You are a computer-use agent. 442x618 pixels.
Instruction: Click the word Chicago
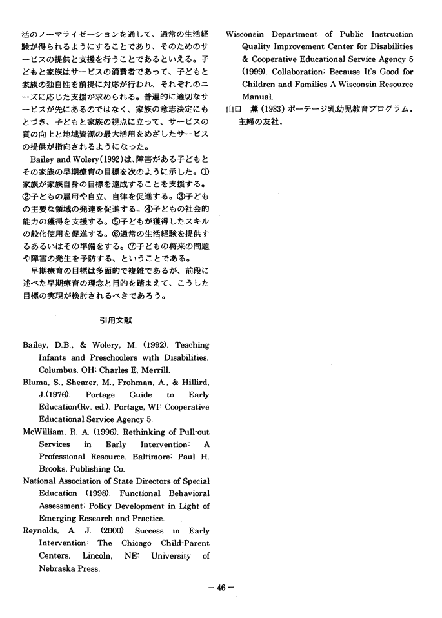(133, 544)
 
